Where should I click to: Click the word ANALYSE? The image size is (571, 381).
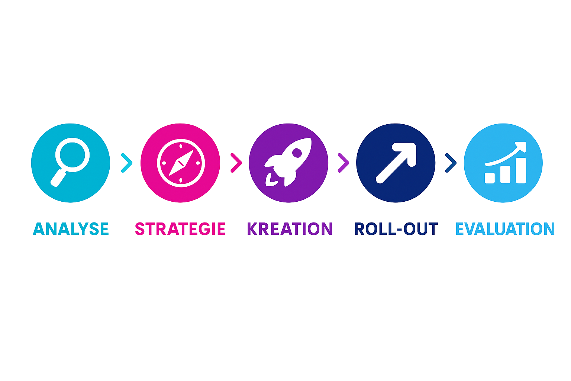71,229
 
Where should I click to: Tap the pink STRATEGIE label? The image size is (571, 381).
180,229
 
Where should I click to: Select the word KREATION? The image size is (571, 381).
289,229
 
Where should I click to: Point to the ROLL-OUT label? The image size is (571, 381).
396,229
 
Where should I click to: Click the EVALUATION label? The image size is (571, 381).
505,229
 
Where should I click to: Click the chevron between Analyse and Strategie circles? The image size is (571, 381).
126,163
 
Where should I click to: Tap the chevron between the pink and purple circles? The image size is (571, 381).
235,163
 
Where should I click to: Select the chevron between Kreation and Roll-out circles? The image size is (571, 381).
343,163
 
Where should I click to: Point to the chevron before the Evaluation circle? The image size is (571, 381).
450,163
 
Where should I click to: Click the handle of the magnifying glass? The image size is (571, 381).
59,177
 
